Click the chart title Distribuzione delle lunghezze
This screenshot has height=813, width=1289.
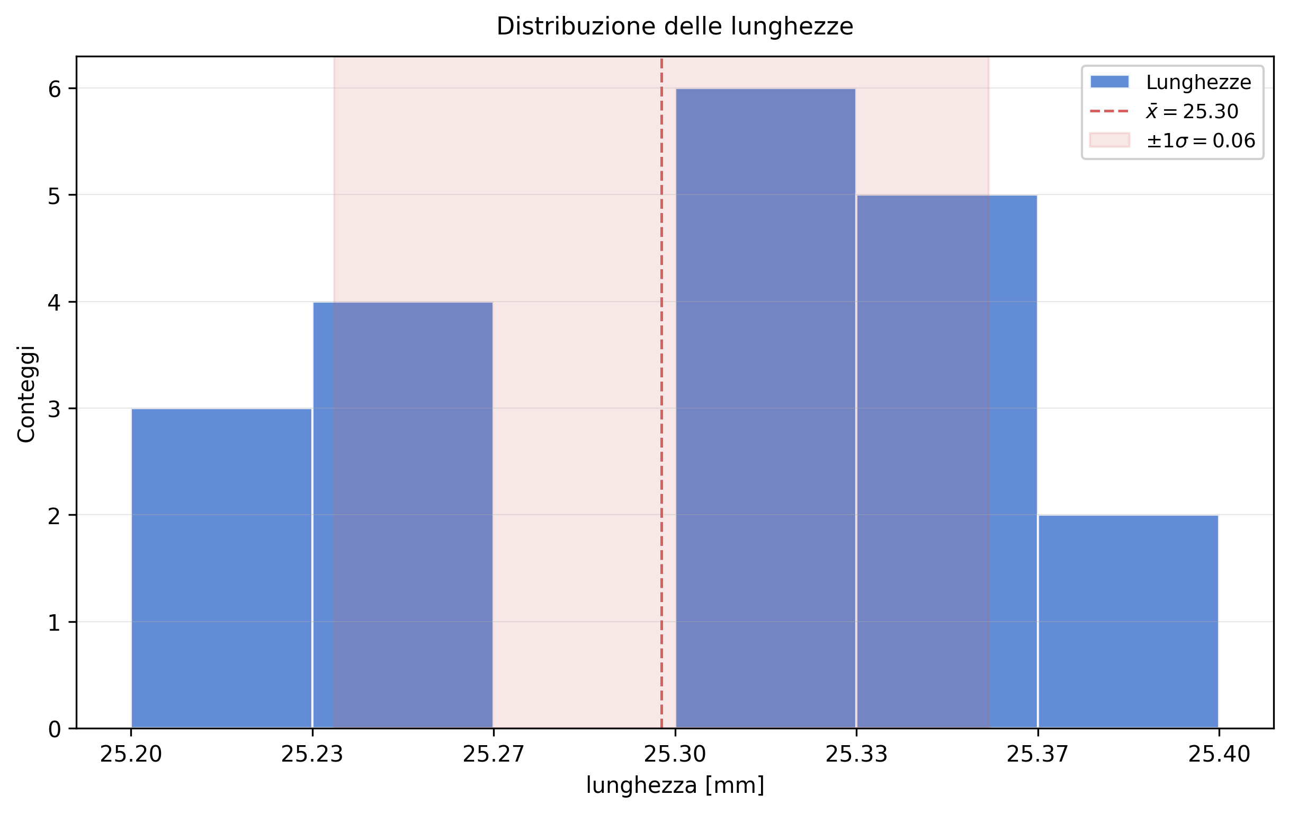pyautogui.click(x=675, y=27)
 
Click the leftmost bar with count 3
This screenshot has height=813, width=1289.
pyautogui.click(x=221, y=568)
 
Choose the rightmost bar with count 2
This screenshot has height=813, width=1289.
pyautogui.click(x=1128, y=622)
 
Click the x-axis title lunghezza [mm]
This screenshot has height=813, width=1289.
pyautogui.click(x=675, y=785)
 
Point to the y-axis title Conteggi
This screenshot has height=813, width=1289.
pyautogui.click(x=26, y=394)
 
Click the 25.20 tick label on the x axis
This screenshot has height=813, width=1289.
pyautogui.click(x=131, y=755)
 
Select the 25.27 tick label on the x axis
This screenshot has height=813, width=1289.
pyautogui.click(x=494, y=755)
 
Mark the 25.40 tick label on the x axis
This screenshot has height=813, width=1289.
pyautogui.click(x=1219, y=755)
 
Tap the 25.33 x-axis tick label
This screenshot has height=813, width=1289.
pyautogui.click(x=856, y=755)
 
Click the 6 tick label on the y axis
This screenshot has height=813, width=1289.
pyautogui.click(x=55, y=90)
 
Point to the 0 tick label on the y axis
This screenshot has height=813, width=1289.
pyautogui.click(x=55, y=729)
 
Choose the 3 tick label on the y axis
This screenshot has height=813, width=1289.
pyautogui.click(x=55, y=410)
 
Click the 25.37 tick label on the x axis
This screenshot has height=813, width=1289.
pyautogui.click(x=1037, y=755)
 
